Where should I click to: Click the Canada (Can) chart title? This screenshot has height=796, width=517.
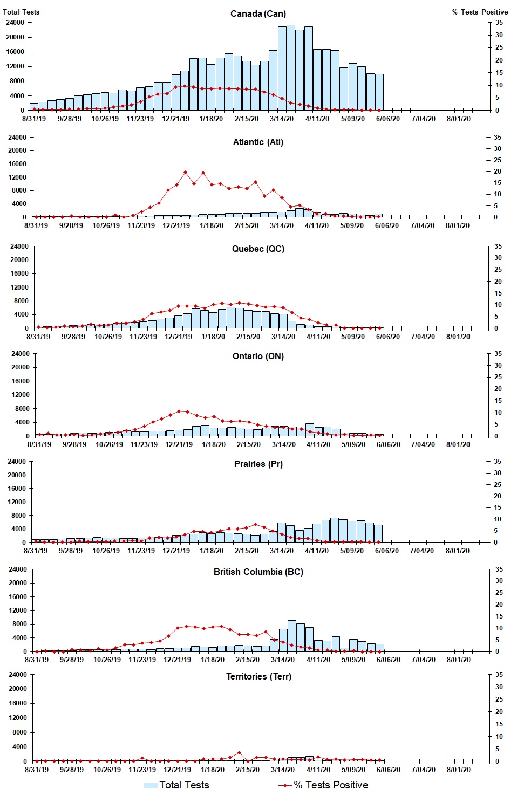pos(258,13)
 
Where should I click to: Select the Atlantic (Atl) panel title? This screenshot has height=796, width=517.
pos(258,142)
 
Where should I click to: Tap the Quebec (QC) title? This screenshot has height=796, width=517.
pos(258,249)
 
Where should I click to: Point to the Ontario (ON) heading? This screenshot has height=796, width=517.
pos(258,356)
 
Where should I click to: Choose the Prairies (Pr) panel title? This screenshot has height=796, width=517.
pos(258,464)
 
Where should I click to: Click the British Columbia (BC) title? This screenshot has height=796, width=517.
pos(258,572)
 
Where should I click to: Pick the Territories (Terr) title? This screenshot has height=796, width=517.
pos(258,676)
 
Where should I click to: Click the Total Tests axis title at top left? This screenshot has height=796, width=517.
pos(21,12)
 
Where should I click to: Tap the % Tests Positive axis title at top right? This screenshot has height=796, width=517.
pos(480,12)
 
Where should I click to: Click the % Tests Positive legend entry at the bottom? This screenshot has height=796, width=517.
pos(323,785)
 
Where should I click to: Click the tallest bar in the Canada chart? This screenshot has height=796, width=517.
pos(291,67)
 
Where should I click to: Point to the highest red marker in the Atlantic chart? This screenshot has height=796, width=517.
pos(185,173)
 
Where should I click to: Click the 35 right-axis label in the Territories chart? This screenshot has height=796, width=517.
pos(499,675)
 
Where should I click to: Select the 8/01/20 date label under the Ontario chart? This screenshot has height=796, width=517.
pos(458,444)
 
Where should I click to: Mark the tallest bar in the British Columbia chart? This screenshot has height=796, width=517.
pos(291,636)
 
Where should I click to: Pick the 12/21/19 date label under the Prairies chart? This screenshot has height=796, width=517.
pos(176,551)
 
